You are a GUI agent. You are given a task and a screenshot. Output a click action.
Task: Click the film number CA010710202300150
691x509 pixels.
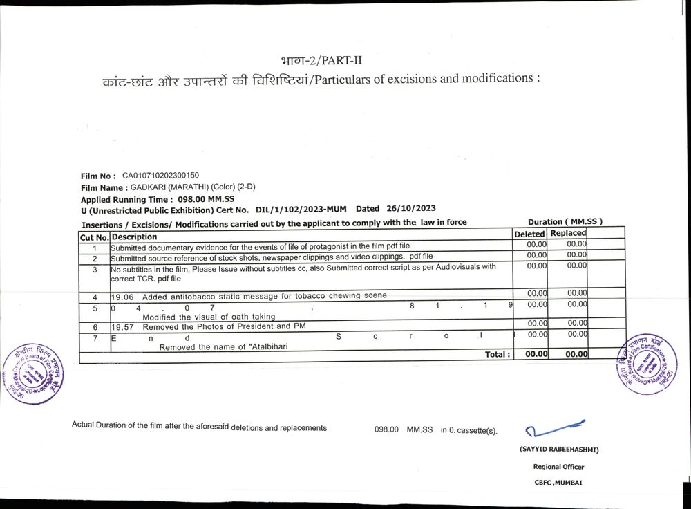160,176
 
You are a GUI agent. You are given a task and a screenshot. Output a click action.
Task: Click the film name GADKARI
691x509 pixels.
148,187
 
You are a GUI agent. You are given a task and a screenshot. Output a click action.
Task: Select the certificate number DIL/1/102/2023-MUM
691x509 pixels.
302,209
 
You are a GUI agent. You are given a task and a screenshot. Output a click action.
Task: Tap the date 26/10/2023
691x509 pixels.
411,208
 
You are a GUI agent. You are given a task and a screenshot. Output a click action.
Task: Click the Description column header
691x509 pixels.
134,237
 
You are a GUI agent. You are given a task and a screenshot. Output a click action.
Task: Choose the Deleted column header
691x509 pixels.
530,234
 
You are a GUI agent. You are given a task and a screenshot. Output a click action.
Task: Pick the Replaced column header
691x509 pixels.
568,234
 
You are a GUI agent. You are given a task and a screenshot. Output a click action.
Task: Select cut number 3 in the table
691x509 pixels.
95,270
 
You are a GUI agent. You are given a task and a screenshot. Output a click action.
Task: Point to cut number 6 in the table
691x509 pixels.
95,326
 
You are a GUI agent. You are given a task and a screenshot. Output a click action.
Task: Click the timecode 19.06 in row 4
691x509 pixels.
122,296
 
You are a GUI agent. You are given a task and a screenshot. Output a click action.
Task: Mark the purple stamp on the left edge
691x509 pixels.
32,373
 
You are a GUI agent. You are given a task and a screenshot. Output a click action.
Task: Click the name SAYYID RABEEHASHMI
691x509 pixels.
559,450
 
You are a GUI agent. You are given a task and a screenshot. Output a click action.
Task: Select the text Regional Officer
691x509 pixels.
558,467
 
